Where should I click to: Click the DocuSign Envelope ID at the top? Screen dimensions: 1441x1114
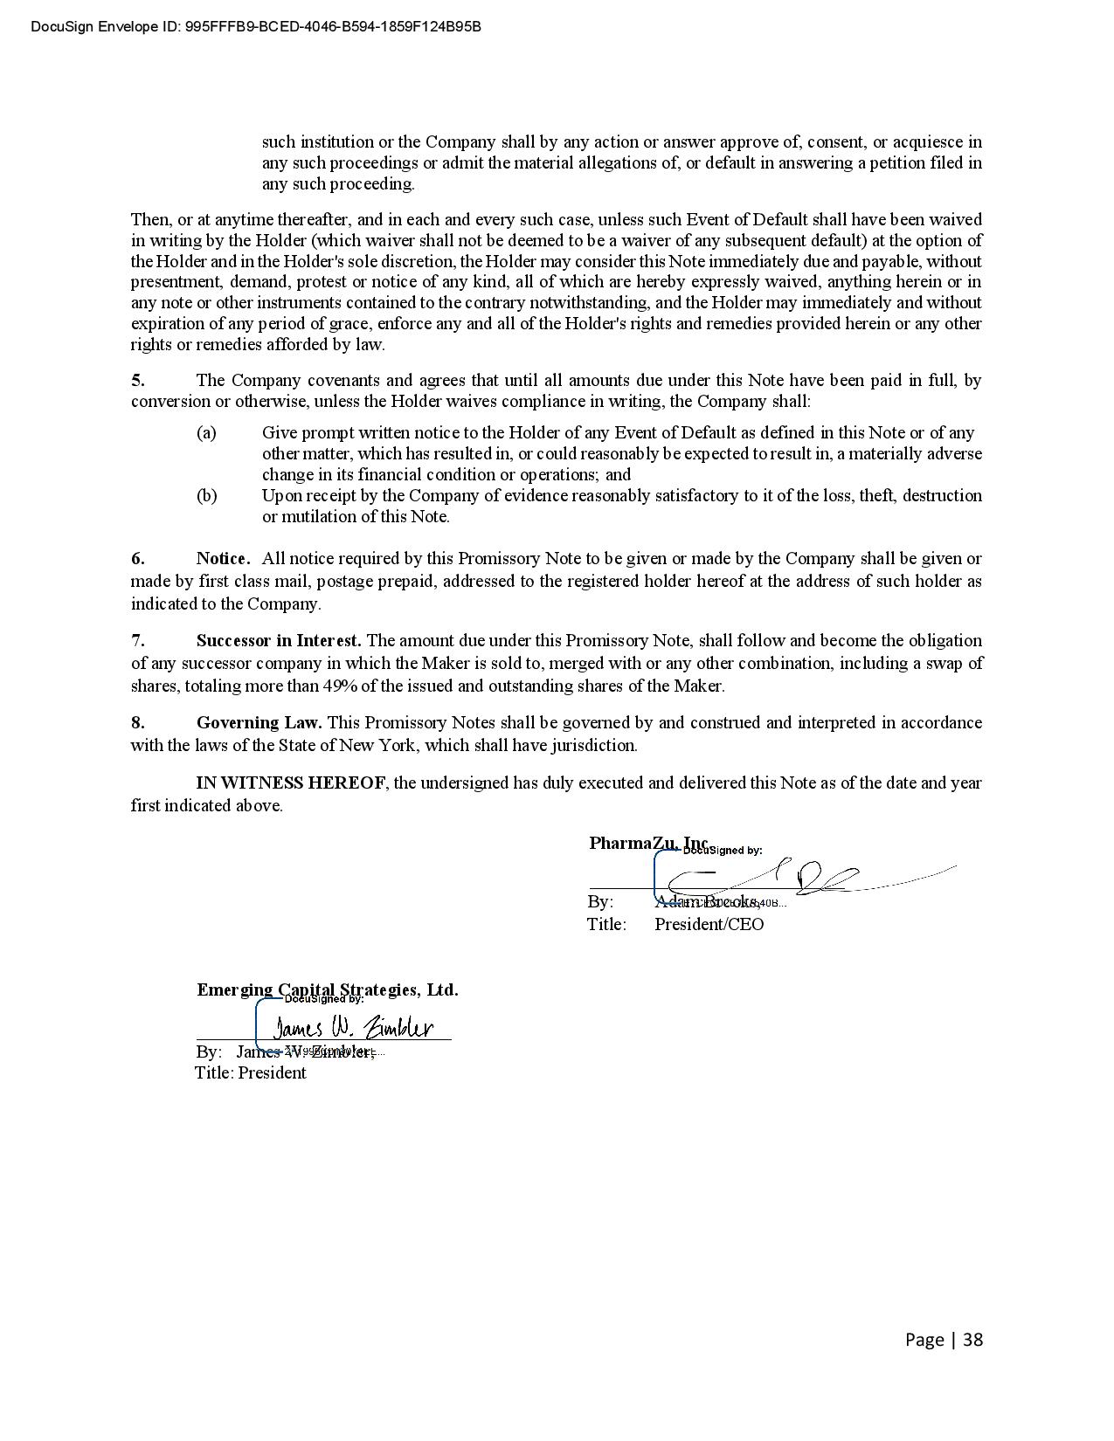[256, 26]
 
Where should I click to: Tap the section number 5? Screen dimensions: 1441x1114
[138, 380]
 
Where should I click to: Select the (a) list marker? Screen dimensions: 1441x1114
[206, 432]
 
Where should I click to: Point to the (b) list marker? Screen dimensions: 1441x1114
[206, 495]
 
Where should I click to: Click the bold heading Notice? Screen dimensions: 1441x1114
[223, 558]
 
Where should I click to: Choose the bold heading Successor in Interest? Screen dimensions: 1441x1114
[279, 640]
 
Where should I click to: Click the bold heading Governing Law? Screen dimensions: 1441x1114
[259, 722]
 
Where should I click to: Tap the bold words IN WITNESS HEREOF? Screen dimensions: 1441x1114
[290, 783]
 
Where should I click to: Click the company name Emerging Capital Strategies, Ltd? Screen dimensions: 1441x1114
[327, 989]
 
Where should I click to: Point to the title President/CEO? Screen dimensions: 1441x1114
[709, 924]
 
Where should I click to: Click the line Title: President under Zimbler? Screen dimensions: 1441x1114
[251, 1072]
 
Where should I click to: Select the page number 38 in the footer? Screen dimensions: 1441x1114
[972, 1340]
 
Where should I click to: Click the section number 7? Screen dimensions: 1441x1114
[138, 640]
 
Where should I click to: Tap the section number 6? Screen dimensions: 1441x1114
[138, 558]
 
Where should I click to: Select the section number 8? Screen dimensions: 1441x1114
[138, 722]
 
